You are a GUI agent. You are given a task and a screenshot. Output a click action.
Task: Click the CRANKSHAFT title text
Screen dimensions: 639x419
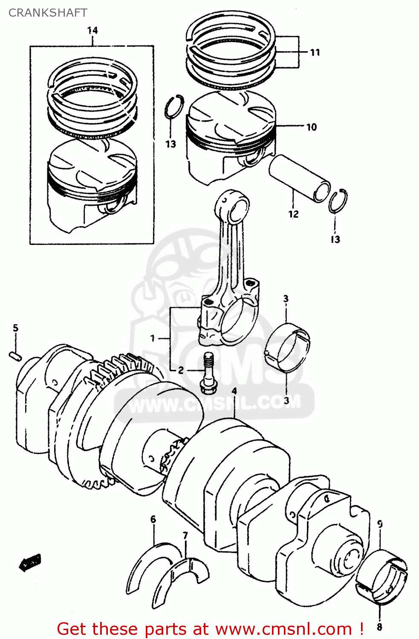pyautogui.click(x=48, y=13)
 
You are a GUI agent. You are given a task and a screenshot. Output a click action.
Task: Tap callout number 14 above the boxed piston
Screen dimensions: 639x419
pyautogui.click(x=92, y=31)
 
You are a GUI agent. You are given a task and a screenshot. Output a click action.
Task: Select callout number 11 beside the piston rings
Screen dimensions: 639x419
pyautogui.click(x=315, y=52)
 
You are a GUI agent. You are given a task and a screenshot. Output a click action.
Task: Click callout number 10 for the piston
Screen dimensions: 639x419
pyautogui.click(x=312, y=127)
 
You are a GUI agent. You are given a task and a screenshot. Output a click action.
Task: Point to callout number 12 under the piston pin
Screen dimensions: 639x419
pyautogui.click(x=293, y=214)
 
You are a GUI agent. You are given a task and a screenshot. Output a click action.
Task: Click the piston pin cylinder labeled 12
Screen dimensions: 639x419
pyautogui.click(x=299, y=178)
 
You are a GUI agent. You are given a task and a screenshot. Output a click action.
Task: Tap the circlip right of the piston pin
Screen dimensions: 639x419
pyautogui.click(x=338, y=201)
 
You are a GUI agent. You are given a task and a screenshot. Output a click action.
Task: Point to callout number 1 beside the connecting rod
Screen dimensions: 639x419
pyautogui.click(x=153, y=339)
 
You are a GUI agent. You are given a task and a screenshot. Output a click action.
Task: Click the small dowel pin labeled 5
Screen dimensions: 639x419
pyautogui.click(x=15, y=356)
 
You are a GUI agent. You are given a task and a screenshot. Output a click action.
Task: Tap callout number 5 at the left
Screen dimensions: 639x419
pyautogui.click(x=16, y=328)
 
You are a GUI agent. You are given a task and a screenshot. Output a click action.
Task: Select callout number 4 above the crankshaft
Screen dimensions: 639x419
pyautogui.click(x=234, y=391)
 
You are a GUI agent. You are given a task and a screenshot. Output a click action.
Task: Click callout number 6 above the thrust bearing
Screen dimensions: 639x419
pyautogui.click(x=153, y=519)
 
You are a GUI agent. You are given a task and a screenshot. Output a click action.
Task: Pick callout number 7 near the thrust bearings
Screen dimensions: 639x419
pyautogui.click(x=185, y=535)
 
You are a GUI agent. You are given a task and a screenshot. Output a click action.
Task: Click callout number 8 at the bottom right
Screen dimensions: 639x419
pyautogui.click(x=379, y=627)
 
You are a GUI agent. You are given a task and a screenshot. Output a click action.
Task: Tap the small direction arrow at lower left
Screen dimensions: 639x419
pyautogui.click(x=30, y=563)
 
